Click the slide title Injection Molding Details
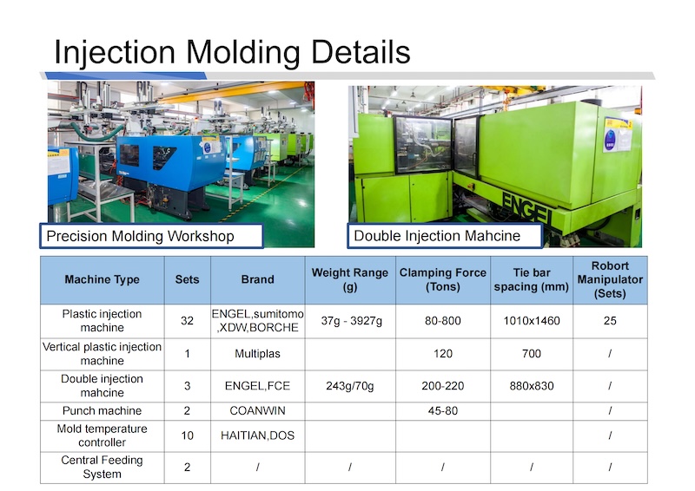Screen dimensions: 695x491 (232, 53)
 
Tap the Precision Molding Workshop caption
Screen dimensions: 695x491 (140, 236)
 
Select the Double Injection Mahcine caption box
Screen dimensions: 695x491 (445, 236)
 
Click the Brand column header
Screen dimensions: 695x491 (257, 279)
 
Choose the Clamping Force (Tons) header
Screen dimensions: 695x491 (443, 279)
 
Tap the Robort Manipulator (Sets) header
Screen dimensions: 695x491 (610, 279)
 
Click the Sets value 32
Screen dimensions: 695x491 (187, 321)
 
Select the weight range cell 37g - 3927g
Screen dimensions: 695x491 (352, 321)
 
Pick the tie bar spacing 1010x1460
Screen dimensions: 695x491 (532, 321)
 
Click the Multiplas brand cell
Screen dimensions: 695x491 (257, 354)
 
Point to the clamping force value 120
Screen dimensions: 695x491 (443, 354)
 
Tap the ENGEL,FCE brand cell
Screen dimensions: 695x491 (257, 386)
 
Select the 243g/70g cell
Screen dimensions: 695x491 (350, 386)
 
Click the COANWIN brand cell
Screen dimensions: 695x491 (257, 411)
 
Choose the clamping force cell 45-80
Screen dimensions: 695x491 (443, 411)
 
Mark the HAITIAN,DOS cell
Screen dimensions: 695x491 (257, 435)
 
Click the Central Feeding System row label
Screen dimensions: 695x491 (102, 467)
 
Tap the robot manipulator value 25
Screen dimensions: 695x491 (610, 321)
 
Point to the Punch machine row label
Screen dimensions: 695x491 (102, 411)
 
